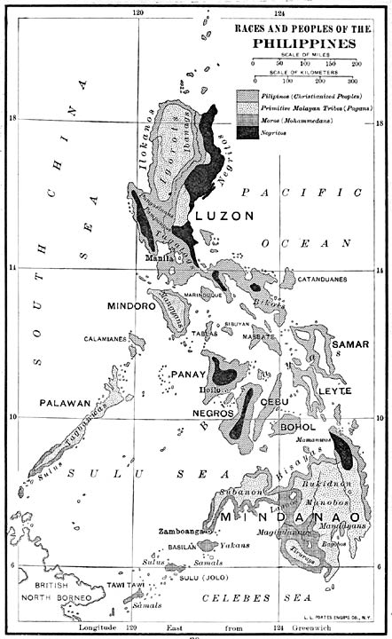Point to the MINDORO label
pyautogui.click(x=132, y=306)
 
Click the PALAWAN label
pyautogui.click(x=65, y=402)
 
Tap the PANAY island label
pyautogui.click(x=196, y=374)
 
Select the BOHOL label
pyautogui.click(x=297, y=427)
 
